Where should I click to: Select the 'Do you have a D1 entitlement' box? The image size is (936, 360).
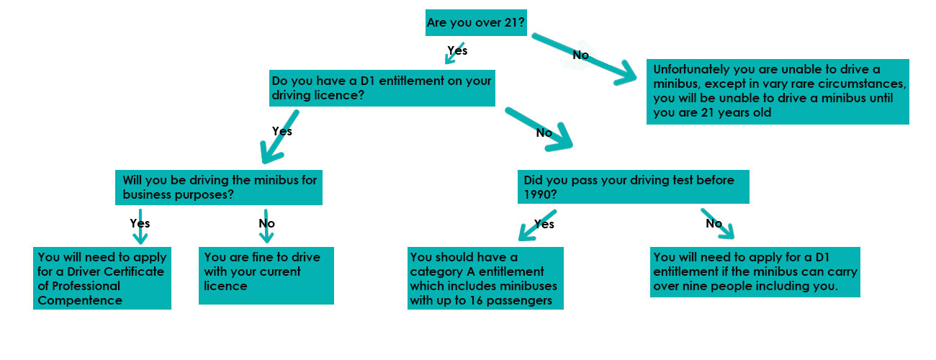(x=382, y=88)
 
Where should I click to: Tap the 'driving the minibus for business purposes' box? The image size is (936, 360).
(x=219, y=187)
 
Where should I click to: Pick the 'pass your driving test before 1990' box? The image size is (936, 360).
(x=634, y=186)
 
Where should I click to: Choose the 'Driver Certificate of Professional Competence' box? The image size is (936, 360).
(x=102, y=279)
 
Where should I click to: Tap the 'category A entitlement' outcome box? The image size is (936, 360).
(x=485, y=278)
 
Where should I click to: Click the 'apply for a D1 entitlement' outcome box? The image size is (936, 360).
(x=755, y=271)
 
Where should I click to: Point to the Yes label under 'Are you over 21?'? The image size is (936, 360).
(x=457, y=50)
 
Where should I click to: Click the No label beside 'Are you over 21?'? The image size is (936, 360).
(x=580, y=55)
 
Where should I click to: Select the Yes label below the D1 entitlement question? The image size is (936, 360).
(x=282, y=131)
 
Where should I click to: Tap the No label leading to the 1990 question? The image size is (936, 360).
(x=544, y=132)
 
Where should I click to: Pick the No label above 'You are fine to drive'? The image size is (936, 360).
(x=266, y=223)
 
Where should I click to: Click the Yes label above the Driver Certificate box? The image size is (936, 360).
(x=140, y=223)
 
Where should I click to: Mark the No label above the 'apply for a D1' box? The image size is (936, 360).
(x=714, y=223)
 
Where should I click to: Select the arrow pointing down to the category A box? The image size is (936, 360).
(x=536, y=225)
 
